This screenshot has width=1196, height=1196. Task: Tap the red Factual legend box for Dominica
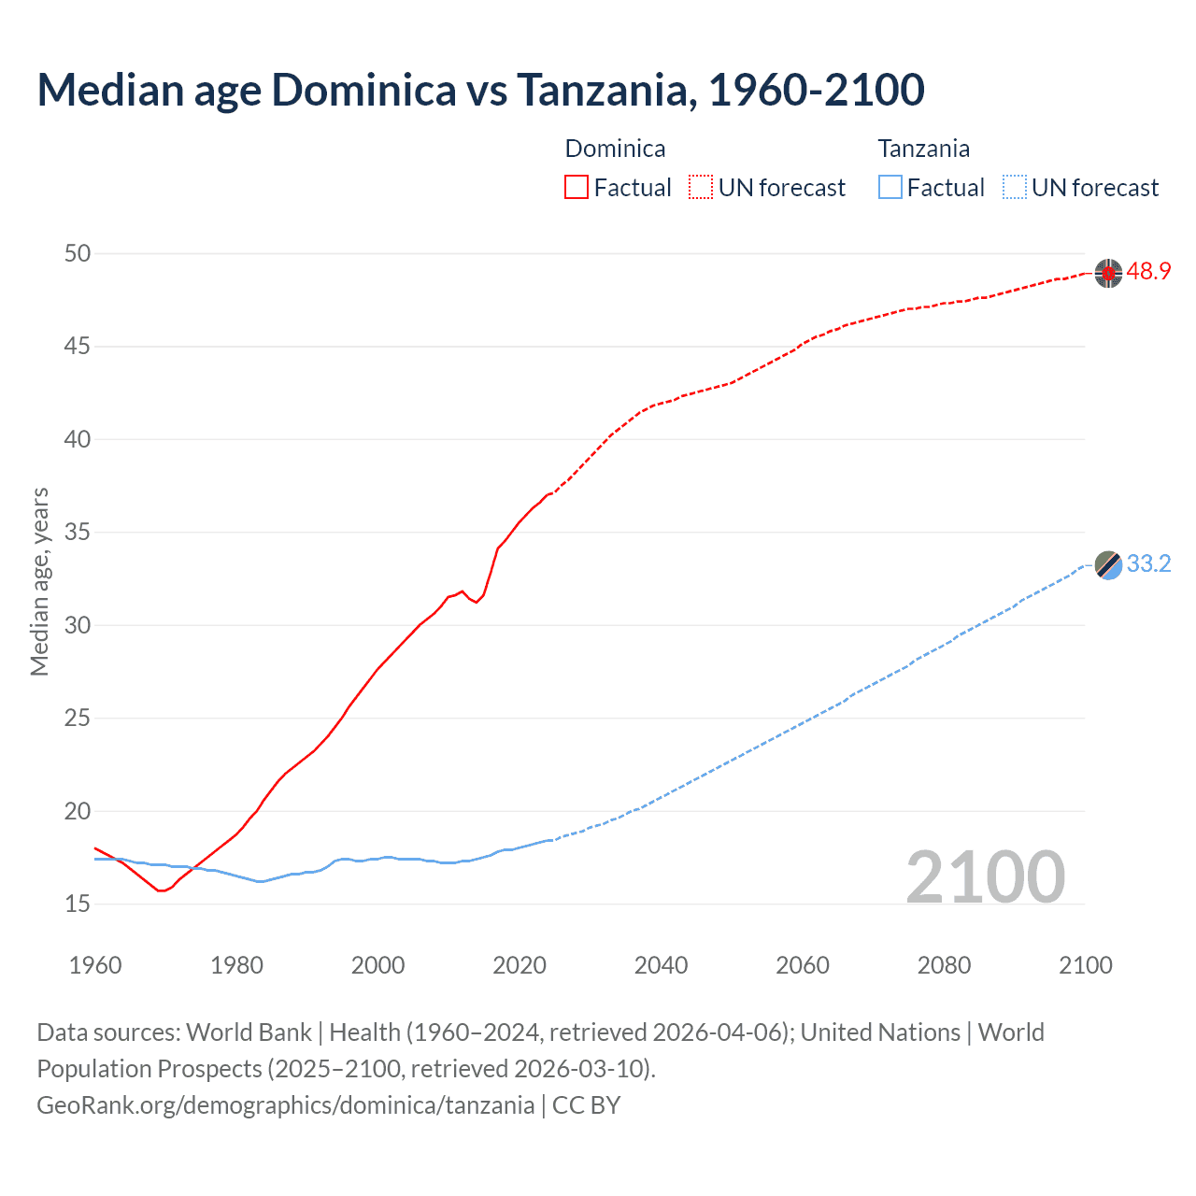click(577, 188)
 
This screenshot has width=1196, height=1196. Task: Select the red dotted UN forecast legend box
click(701, 188)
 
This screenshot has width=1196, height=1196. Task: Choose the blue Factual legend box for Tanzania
click(890, 188)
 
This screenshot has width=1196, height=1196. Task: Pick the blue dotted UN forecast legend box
click(1015, 188)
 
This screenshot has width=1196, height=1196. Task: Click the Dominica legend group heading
click(615, 149)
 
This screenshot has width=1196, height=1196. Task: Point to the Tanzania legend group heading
click(923, 149)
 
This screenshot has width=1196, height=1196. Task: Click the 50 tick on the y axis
click(78, 253)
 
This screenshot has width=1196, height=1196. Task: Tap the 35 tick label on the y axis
click(78, 533)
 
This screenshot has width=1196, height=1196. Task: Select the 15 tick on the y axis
click(78, 904)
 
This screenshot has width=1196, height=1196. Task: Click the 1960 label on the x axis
click(95, 965)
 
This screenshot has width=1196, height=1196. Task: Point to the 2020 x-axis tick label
click(520, 965)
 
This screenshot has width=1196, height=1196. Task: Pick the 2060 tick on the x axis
click(803, 965)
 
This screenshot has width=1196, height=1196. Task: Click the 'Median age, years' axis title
click(39, 581)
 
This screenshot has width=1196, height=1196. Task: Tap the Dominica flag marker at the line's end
click(1108, 273)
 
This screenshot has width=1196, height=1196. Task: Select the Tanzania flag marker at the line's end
click(1108, 565)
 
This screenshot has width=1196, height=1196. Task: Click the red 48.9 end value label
click(1148, 272)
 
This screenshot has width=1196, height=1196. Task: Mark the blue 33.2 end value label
click(1148, 564)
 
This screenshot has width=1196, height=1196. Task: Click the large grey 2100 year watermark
click(985, 876)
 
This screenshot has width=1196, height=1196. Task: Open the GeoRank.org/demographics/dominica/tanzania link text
click(285, 1105)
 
